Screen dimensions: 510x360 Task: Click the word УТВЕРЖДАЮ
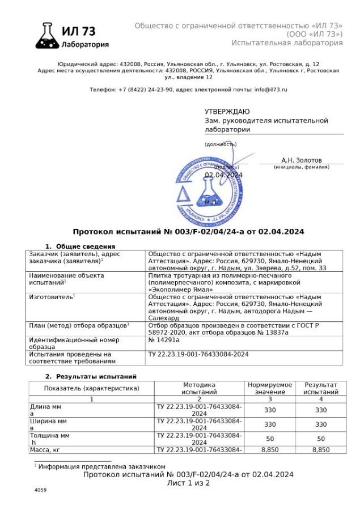(x=227, y=112)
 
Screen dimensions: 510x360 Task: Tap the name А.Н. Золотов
(x=301, y=160)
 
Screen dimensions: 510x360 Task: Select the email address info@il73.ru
(x=271, y=90)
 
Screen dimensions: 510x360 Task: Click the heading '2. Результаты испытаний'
(x=91, y=376)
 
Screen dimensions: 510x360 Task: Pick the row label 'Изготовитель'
(x=51, y=296)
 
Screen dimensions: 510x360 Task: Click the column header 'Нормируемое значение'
(x=269, y=388)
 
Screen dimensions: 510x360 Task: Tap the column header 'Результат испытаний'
(x=321, y=388)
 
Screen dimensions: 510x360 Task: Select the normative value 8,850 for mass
(x=270, y=449)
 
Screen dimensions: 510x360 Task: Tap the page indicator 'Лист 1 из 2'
(x=188, y=483)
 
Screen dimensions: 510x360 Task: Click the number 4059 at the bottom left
(x=40, y=490)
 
